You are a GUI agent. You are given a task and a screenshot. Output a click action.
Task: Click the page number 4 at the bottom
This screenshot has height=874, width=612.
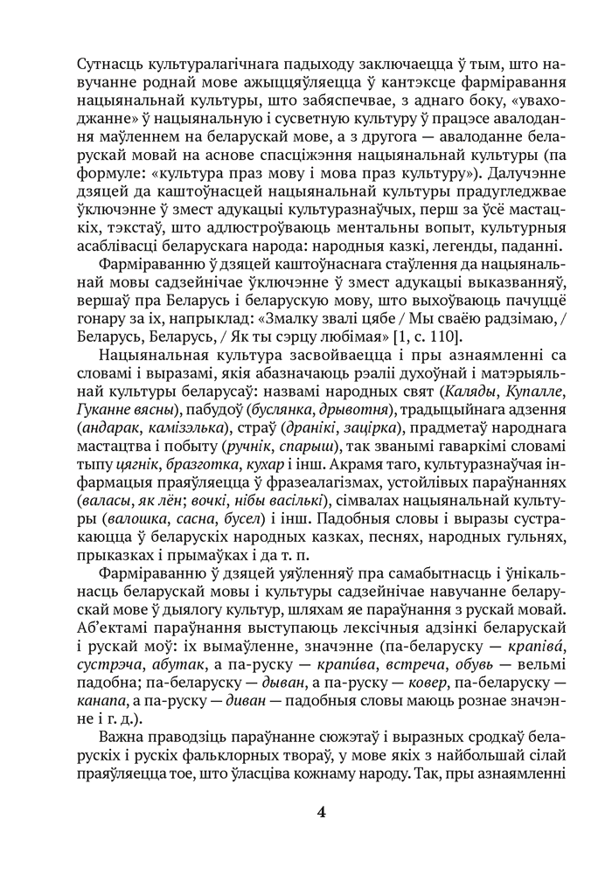(x=322, y=812)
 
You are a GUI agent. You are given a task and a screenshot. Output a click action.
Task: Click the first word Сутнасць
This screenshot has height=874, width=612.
(x=109, y=64)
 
